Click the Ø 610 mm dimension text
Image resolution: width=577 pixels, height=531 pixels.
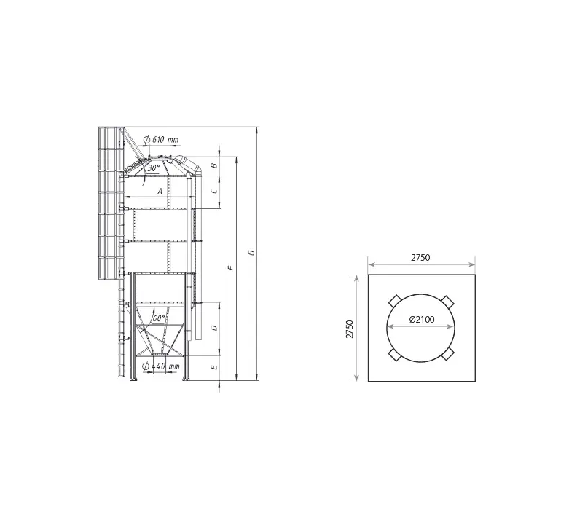click(160, 140)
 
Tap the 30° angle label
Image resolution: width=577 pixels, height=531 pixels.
click(154, 168)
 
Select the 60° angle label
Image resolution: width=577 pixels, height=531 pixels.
click(159, 318)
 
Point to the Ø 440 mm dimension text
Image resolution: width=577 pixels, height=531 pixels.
click(160, 366)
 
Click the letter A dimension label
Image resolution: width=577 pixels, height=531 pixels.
click(160, 192)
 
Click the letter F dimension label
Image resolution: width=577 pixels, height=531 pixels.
click(231, 268)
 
